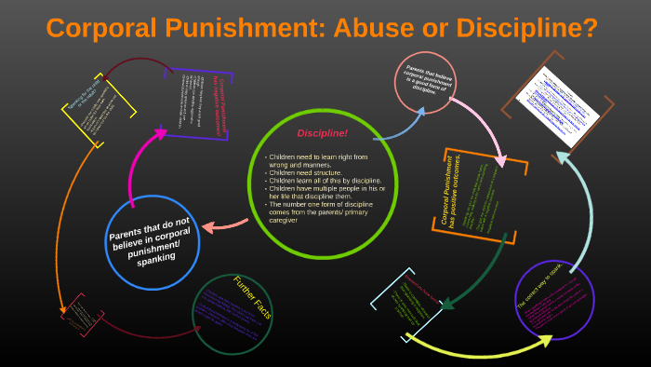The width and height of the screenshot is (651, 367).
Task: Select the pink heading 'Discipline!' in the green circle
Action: pyautogui.click(x=323, y=133)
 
